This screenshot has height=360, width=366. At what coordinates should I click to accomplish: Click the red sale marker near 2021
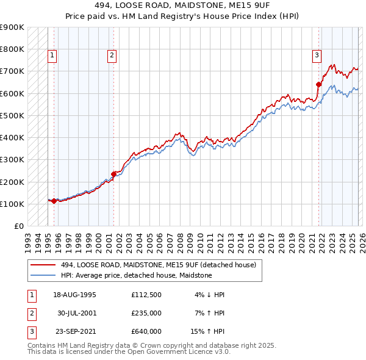click(318, 84)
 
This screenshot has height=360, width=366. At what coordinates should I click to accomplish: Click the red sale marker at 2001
click(113, 174)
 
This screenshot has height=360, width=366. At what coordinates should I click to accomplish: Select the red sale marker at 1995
click(54, 201)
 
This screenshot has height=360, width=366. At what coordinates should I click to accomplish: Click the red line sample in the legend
click(43, 265)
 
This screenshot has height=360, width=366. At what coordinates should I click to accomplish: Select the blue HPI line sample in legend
click(43, 275)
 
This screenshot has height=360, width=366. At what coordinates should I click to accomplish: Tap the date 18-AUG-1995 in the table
click(74, 295)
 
